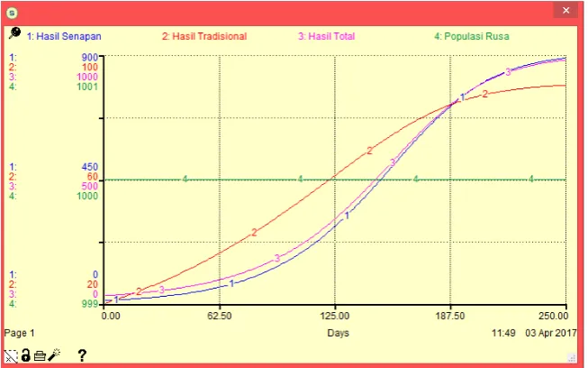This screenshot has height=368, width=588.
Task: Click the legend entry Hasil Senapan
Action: click(64, 36)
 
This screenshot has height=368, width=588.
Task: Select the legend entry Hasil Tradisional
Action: click(204, 36)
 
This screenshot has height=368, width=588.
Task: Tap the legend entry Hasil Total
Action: click(326, 36)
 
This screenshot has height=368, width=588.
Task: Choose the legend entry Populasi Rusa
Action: click(472, 36)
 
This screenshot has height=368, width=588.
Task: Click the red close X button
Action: click(565, 11)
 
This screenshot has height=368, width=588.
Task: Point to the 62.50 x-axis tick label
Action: click(220, 316)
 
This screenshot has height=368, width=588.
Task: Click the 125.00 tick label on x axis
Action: click(335, 316)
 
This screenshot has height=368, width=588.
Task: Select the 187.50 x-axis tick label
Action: click(450, 316)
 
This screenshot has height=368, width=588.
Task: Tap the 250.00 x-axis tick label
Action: click(554, 316)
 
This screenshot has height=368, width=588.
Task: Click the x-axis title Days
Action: click(339, 333)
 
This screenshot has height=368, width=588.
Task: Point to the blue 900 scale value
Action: click(90, 57)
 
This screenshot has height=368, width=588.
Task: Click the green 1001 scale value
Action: click(87, 87)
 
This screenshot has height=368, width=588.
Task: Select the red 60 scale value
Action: click(92, 177)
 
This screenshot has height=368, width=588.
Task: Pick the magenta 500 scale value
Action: click(90, 186)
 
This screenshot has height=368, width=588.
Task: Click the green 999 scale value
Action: click(90, 304)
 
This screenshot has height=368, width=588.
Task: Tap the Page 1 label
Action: click(20, 333)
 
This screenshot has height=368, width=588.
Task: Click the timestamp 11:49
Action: click(503, 333)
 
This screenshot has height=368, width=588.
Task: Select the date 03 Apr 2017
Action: click(551, 333)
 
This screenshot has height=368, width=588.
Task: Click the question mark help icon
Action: click(82, 355)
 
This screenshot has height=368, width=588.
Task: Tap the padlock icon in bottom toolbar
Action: click(25, 354)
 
